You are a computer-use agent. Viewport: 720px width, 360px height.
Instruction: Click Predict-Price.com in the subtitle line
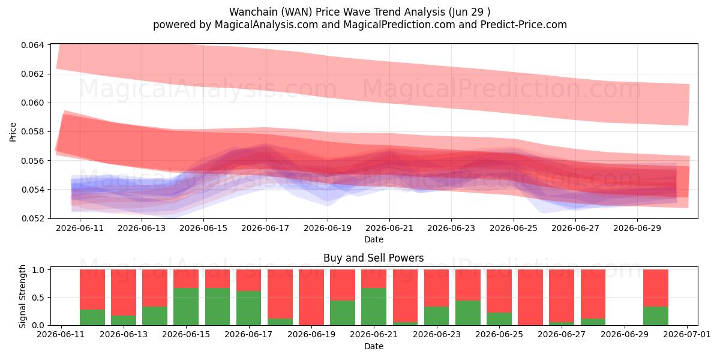tap(523, 25)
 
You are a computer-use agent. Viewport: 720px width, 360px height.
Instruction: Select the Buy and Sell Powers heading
tap(373, 258)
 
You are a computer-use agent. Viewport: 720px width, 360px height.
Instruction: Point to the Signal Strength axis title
tap(22, 296)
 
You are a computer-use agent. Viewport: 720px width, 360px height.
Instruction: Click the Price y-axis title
tap(13, 132)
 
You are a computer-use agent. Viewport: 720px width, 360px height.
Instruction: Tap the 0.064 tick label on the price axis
tap(32, 45)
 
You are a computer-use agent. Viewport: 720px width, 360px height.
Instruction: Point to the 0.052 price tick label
tap(32, 218)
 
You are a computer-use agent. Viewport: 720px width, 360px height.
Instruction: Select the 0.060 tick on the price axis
tap(32, 103)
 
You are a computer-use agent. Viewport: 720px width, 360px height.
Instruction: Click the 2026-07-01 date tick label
tap(687, 334)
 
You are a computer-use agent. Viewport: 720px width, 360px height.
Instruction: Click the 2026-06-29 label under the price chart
tap(637, 228)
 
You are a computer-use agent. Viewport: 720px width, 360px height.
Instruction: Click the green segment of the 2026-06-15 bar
tap(186, 307)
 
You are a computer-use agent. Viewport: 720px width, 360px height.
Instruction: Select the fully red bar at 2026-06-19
tap(311, 298)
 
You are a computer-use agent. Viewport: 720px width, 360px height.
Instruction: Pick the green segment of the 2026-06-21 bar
tap(373, 307)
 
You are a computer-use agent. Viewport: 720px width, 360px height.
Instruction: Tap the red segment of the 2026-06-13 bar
tap(124, 293)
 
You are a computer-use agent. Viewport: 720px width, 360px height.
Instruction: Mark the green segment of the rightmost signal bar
tap(656, 316)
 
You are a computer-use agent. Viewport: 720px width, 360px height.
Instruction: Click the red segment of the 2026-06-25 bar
tap(499, 291)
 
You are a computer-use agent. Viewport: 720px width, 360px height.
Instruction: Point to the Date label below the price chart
tap(373, 239)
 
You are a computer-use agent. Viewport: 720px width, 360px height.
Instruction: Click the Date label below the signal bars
tap(373, 346)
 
